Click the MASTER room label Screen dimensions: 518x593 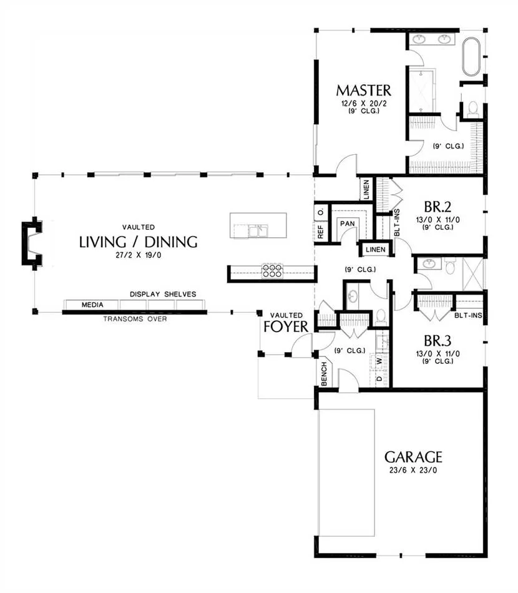coord(363,91)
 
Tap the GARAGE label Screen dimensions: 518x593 coord(413,457)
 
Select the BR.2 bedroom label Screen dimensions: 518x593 coord(437,207)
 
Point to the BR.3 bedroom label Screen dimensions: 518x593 coord(437,341)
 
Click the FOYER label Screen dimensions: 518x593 coord(286,326)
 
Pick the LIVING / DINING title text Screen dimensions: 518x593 coord(139,242)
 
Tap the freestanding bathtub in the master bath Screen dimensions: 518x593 coord(471,57)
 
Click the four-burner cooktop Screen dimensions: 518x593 coord(272,271)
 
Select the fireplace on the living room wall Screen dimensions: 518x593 coord(31,243)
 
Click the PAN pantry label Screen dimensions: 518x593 coord(348,223)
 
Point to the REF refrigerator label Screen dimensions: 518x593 coord(321,232)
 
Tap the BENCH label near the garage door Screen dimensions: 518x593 coord(324,374)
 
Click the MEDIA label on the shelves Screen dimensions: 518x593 coord(92,305)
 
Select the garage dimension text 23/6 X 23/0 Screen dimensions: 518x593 coord(413,471)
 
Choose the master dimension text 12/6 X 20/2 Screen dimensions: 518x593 coord(363,103)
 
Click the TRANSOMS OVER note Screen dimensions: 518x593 coord(135,319)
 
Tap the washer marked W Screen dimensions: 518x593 coord(379,361)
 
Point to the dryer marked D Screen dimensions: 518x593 coord(379,378)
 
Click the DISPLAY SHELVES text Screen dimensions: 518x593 coord(163,294)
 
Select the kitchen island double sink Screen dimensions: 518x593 coord(258,230)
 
